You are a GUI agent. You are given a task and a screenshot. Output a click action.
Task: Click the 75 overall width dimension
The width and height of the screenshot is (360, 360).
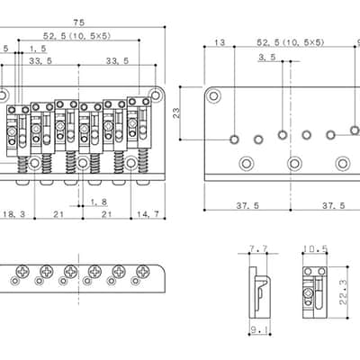pos(79,22)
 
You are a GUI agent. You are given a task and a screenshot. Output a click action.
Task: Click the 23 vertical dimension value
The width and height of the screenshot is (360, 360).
pos(176,112)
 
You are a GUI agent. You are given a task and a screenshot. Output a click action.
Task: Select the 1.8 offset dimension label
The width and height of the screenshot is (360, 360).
pos(99,202)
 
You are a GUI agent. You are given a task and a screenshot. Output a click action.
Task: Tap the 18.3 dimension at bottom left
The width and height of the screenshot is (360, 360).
pos(13,214)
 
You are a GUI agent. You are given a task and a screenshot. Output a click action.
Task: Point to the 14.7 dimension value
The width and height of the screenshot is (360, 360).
pos(148,214)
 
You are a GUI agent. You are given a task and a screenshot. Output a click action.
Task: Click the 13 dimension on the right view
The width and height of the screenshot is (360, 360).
pos(220,42)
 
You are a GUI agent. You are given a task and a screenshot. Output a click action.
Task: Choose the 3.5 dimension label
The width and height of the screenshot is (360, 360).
pos(266,57)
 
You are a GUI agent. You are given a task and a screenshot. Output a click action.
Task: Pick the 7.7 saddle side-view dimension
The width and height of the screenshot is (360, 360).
pos(258,249)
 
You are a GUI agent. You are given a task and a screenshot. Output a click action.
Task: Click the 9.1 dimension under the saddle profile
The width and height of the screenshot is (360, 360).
pos(260,330)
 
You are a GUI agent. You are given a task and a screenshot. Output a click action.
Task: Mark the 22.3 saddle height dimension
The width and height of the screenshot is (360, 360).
pos(343,292)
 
